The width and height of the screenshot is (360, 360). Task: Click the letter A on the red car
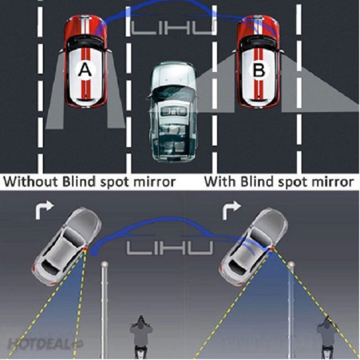[x=85, y=71]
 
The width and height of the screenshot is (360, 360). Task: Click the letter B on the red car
[x=258, y=71]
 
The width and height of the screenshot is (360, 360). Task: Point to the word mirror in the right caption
[x=332, y=181]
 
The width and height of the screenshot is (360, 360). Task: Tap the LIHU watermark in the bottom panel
[x=170, y=247]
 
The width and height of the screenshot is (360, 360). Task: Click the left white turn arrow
[x=42, y=210]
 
